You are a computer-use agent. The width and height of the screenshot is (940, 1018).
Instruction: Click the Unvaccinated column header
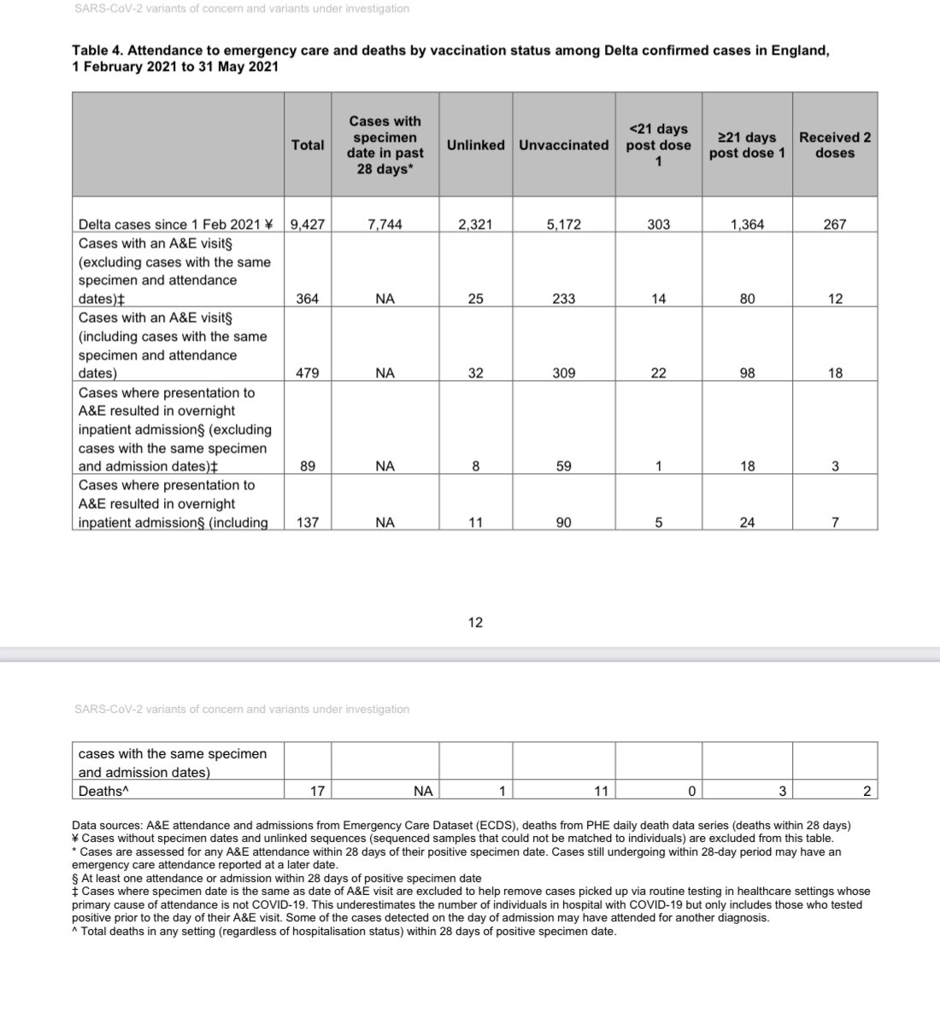point(563,145)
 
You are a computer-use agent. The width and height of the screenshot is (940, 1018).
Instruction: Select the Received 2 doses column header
point(835,145)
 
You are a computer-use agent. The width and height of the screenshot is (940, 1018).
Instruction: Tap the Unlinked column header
point(475,145)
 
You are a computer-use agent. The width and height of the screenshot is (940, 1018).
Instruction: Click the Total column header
point(308,145)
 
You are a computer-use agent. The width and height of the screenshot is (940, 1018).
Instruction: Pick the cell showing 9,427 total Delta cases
point(308,225)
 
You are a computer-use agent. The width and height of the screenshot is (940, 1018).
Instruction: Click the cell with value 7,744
point(385,225)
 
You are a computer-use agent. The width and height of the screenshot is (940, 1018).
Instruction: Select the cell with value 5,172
point(563,225)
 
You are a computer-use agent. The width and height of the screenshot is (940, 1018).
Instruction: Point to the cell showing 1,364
point(747,225)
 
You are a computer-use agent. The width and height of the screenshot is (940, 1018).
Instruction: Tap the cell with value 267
point(835,225)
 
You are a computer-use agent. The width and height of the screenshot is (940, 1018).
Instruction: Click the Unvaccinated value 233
point(563,299)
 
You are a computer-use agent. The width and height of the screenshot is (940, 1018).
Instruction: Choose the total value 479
point(308,373)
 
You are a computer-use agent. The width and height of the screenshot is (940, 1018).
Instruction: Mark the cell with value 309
point(563,373)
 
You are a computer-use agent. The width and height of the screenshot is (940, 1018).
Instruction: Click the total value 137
point(308,523)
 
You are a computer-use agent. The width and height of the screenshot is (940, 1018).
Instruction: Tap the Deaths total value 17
point(317,792)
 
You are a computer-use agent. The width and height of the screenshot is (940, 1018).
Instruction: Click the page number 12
point(475,623)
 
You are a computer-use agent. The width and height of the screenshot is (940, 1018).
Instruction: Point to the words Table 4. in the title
point(97,51)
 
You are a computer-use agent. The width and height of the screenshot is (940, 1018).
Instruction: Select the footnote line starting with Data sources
point(461,825)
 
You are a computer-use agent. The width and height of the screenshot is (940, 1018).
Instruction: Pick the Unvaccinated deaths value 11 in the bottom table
point(601,792)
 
